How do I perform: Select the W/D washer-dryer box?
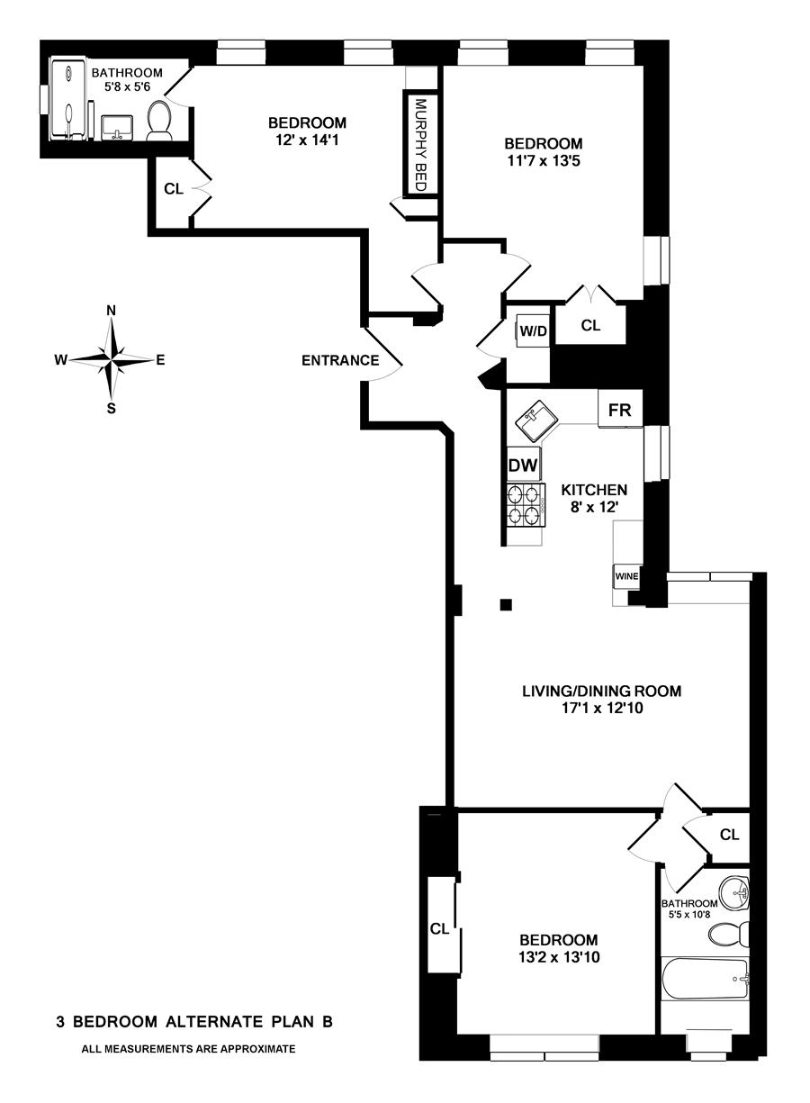point(532,331)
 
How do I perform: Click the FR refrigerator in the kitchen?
point(619,410)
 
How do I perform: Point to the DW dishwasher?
point(523,466)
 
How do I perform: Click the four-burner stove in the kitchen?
point(526,504)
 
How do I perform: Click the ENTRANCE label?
point(339,361)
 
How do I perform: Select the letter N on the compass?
point(112,311)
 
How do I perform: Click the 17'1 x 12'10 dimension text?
point(601,709)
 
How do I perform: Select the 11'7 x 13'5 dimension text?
point(543,162)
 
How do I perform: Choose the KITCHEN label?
point(594,491)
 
